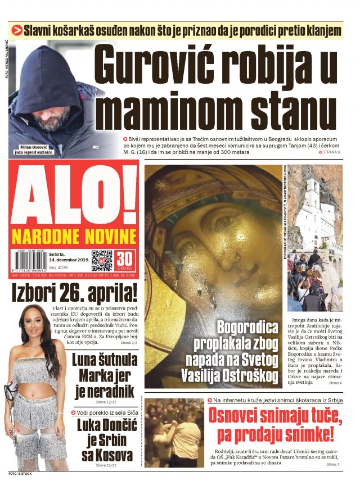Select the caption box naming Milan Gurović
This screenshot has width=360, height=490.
point(36,150)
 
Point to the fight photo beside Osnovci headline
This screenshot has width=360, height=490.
point(173,433)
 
